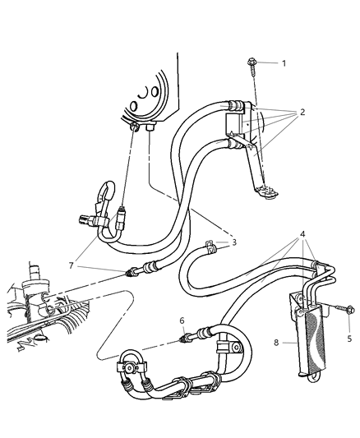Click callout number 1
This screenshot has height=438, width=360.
[x=284, y=62]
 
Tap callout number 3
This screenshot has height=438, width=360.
[x=233, y=242]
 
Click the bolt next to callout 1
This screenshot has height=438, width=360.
[x=252, y=63]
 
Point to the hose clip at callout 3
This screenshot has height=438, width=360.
[x=210, y=244]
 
